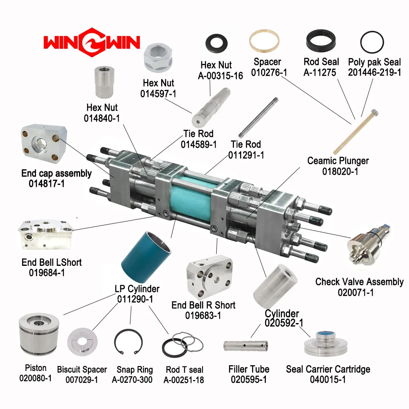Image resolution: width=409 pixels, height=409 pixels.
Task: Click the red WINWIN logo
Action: click(92, 42)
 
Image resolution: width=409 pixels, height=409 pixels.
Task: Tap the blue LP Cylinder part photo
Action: click(146, 257)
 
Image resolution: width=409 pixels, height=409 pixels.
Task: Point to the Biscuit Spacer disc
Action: click(82, 342)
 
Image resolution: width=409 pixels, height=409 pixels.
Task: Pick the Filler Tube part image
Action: click(245, 346)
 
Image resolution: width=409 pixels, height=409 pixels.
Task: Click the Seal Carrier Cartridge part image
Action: click(326, 344)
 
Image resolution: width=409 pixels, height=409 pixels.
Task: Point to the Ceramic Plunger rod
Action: click(356, 132)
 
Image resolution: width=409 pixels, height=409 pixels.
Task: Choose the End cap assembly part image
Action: click(44, 143)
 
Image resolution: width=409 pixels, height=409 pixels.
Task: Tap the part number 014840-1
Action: click(102, 119)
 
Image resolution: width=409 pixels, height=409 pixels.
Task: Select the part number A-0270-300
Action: click(132, 380)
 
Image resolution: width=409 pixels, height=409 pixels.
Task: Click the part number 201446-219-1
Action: click(375, 72)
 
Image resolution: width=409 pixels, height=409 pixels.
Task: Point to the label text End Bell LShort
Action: click(52, 262)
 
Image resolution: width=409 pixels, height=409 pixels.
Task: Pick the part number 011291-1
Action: click(246, 155)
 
